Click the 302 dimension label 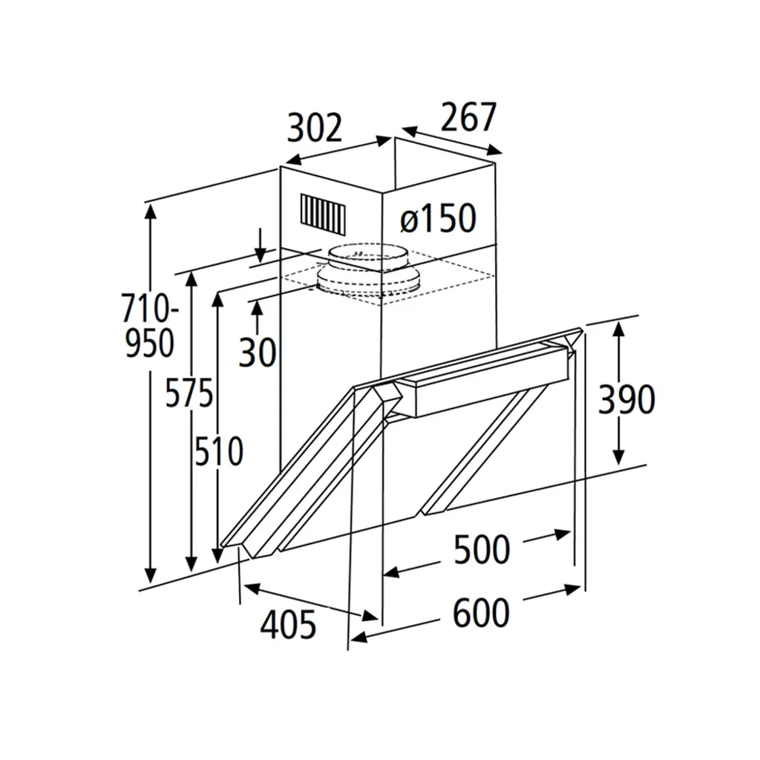[315, 128]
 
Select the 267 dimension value [468, 117]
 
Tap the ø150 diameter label [439, 219]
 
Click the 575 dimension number [189, 393]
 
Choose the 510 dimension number [219, 451]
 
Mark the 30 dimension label [258, 353]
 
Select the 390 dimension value [626, 400]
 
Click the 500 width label [482, 550]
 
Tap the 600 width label [481, 612]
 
